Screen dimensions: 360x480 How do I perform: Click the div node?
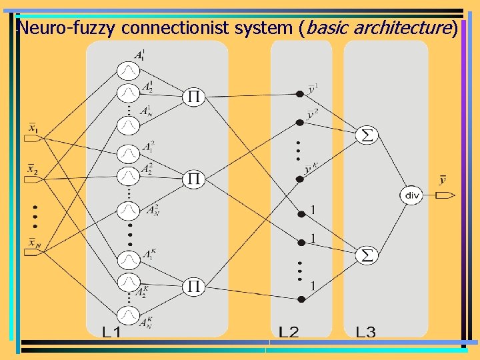pyautogui.click(x=412, y=195)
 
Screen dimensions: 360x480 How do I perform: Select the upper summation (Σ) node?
pyautogui.click(x=367, y=135)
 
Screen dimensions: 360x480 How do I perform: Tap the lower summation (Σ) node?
pyautogui.click(x=367, y=255)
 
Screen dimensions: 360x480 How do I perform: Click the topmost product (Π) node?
pyautogui.click(x=193, y=97)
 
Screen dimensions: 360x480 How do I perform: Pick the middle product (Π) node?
pyautogui.click(x=193, y=179)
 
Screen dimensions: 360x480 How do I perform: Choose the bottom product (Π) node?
pyautogui.click(x=193, y=286)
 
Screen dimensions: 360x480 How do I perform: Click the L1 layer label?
pyautogui.click(x=111, y=332)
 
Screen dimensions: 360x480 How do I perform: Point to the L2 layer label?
pyautogui.click(x=289, y=332)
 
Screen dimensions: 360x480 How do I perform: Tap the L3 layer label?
pyautogui.click(x=365, y=332)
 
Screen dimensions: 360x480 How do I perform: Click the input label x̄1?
pyautogui.click(x=33, y=127)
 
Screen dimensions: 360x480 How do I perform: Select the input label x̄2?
pyautogui.click(x=33, y=169)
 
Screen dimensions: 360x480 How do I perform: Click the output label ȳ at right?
pyautogui.click(x=443, y=180)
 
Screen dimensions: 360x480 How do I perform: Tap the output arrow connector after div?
pyautogui.click(x=445, y=195)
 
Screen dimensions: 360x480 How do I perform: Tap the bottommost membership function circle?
pyautogui.click(x=128, y=313)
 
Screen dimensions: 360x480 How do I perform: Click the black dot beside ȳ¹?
pyautogui.click(x=301, y=93)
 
